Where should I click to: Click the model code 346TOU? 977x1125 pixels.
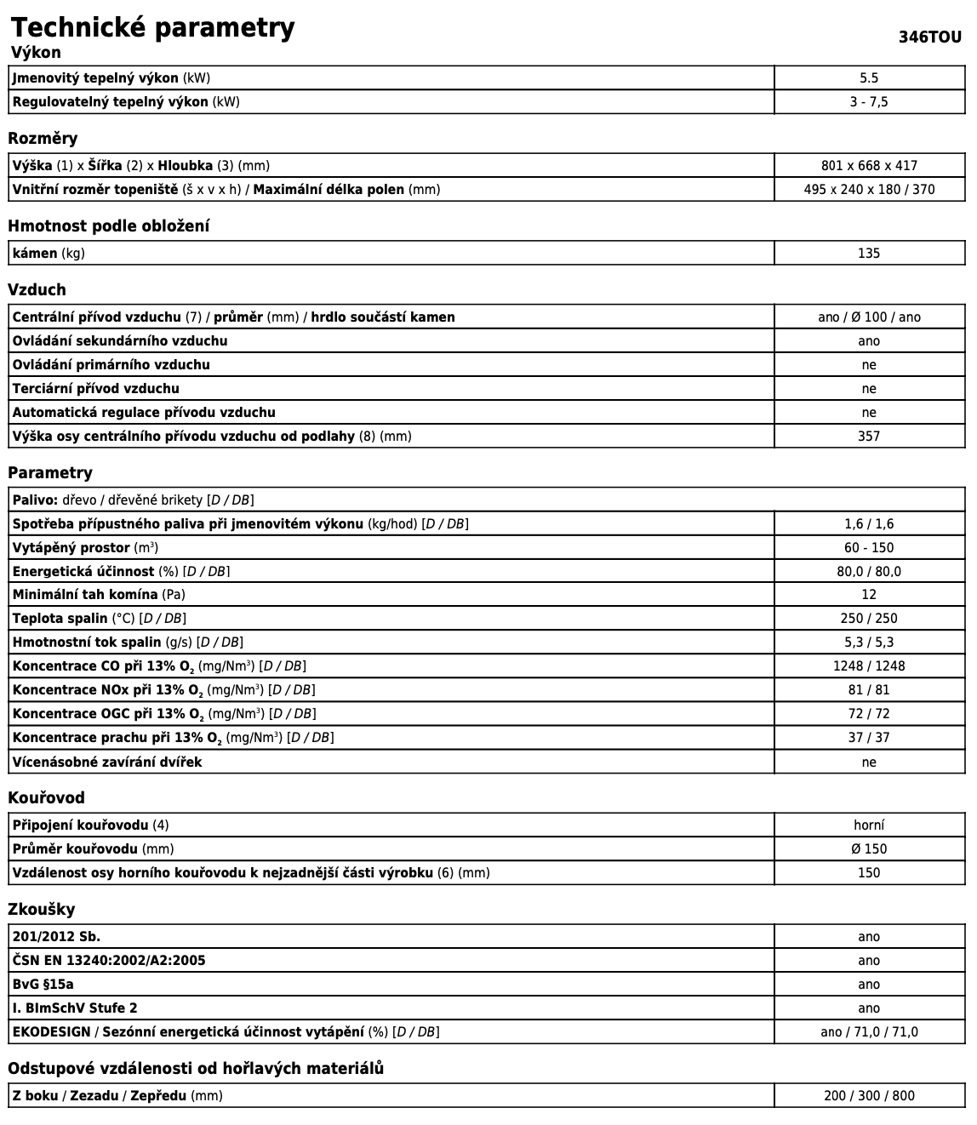tap(930, 37)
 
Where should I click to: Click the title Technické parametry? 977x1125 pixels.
tap(153, 27)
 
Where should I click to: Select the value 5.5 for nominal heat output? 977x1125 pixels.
tap(869, 78)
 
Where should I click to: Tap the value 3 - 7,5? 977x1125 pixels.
tap(869, 102)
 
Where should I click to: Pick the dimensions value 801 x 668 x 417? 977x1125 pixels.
tap(869, 166)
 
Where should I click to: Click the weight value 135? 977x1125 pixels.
tap(869, 254)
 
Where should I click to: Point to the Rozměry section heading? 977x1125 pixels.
tap(43, 139)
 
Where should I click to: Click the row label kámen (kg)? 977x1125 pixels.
tap(49, 254)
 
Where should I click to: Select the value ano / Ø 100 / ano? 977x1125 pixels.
tap(869, 317)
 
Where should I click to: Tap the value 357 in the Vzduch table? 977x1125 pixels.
tap(869, 437)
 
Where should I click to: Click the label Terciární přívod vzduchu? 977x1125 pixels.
tap(95, 389)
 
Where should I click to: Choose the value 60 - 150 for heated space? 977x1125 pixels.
tap(869, 548)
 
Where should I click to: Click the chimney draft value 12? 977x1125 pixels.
tap(869, 595)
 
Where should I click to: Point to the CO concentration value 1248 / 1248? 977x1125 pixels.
tap(869, 666)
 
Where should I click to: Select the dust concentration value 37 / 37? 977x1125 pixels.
tap(869, 738)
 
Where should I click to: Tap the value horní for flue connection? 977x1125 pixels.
tap(869, 825)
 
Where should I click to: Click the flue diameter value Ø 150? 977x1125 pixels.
tap(869, 849)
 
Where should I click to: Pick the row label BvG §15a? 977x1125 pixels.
tap(43, 985)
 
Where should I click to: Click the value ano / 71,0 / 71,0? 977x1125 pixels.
tap(869, 1032)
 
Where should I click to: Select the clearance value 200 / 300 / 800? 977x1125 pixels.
tap(869, 1096)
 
